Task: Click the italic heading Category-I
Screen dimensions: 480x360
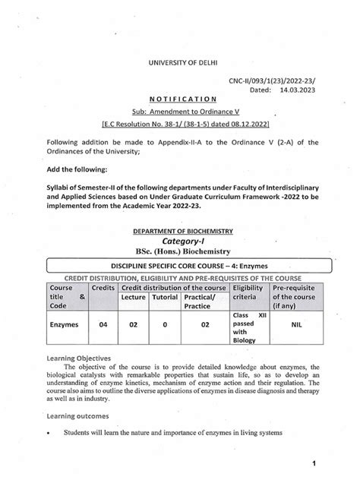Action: pyautogui.click(x=180, y=242)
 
